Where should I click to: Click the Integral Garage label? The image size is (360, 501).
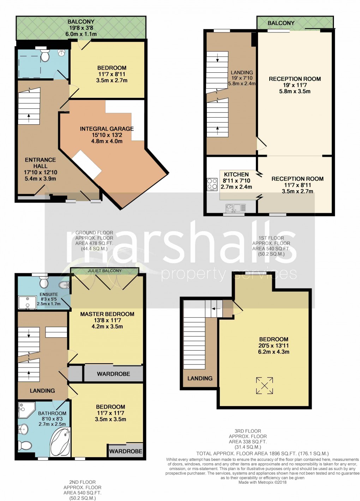107,129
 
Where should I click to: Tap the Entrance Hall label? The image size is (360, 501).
40,163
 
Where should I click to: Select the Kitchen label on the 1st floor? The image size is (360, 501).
236,174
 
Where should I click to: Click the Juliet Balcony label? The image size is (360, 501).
104,271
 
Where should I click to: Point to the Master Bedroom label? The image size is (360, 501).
107,314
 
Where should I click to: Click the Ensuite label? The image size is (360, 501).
49,294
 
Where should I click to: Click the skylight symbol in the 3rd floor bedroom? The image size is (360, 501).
264,386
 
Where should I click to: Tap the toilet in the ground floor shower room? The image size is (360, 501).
45,55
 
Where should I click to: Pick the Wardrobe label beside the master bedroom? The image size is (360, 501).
113,374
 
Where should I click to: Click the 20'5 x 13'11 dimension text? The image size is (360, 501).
274,346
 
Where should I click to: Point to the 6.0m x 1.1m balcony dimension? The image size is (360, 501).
81,34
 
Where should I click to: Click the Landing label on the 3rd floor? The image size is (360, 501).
200,378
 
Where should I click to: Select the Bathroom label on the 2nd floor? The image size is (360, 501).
52,413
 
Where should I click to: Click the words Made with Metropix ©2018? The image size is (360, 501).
263,482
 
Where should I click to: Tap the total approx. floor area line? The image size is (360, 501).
262,453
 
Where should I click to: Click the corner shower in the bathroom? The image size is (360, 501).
25,410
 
